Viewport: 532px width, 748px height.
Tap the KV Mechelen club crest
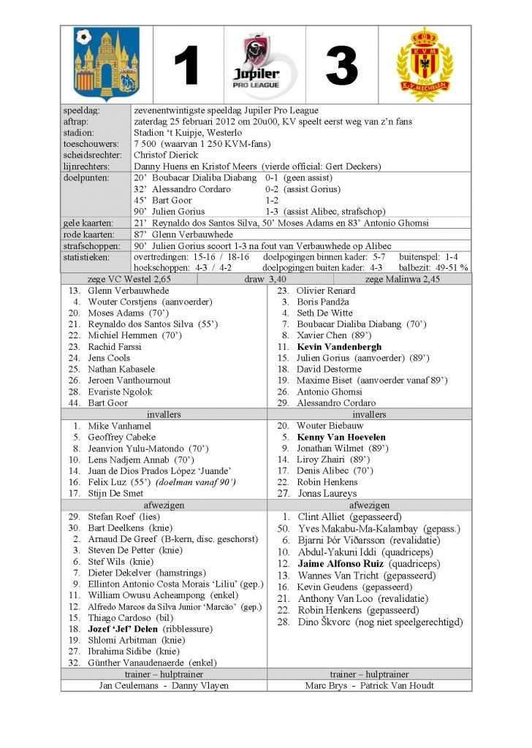[425, 64]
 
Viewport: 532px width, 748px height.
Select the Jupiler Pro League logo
[265, 64]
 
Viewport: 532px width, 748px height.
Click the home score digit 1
[187, 66]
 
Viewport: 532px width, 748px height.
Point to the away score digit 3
[342, 66]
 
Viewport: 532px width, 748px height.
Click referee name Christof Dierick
[166, 155]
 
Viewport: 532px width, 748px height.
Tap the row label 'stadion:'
[80, 133]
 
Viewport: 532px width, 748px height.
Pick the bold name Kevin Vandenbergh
[339, 347]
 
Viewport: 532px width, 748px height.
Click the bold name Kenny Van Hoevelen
[341, 438]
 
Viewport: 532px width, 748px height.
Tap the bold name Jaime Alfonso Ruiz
[341, 564]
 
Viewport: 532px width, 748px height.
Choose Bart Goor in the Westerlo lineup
[108, 403]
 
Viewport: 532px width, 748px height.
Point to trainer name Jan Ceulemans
[128, 686]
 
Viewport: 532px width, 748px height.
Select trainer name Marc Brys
[327, 686]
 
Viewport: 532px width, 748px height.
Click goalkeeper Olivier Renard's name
[327, 291]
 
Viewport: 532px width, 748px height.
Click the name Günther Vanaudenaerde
[137, 663]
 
